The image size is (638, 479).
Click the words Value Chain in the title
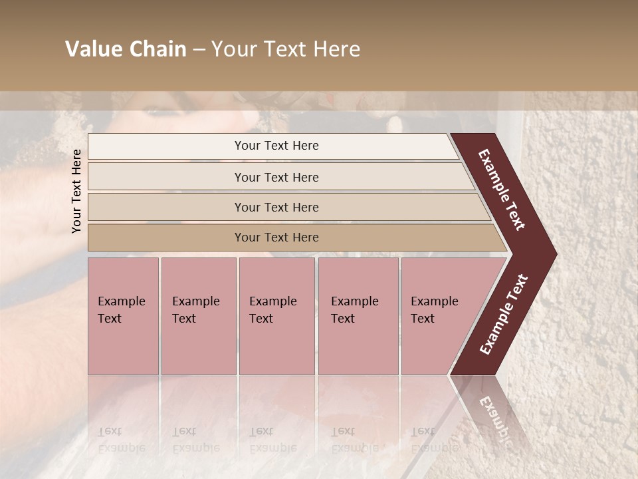(126, 49)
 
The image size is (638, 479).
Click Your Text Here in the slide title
(286, 49)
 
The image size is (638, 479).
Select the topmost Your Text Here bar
(276, 146)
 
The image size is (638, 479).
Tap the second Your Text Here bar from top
(276, 177)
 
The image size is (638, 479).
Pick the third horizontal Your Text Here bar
(276, 207)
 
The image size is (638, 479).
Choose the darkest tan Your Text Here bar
(276, 238)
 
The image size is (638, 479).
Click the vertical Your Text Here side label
(76, 191)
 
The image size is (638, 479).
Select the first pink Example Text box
(123, 316)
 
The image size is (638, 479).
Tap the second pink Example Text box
(198, 316)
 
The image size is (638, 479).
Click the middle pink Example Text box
(276, 316)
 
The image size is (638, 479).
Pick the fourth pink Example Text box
(358, 316)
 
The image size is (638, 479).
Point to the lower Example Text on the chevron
(504, 315)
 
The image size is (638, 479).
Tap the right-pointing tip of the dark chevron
(554, 254)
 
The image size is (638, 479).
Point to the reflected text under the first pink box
(121, 439)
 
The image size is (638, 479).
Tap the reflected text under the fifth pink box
(434, 439)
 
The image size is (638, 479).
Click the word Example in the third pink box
(272, 301)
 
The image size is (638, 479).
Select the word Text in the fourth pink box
(343, 319)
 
